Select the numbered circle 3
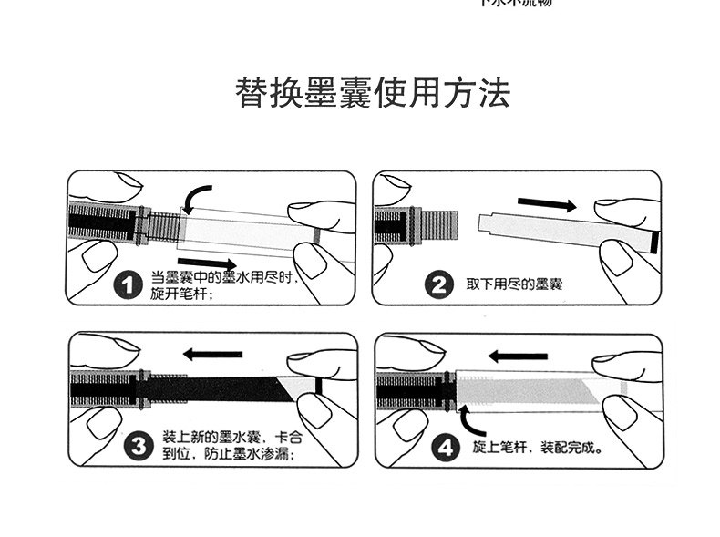click(138, 446)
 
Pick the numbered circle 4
click(444, 448)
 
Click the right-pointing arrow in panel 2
click(548, 203)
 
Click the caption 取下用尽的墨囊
click(514, 285)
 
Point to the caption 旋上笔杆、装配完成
click(538, 449)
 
